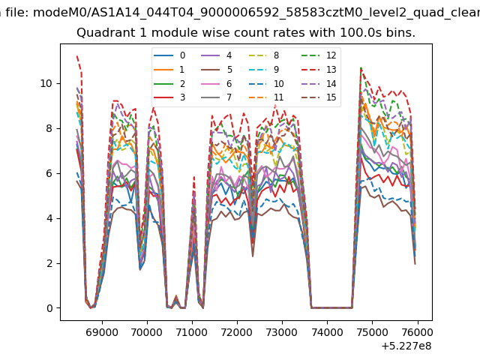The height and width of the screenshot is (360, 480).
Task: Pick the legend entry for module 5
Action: [x=217, y=70]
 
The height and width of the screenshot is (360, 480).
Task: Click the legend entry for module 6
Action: [x=217, y=83]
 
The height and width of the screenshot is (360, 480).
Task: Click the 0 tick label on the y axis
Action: [x=50, y=308]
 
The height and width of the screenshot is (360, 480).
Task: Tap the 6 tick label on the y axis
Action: [x=50, y=173]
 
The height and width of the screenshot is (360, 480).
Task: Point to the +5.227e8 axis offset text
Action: [x=406, y=346]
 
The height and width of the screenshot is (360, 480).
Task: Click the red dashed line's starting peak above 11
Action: [x=76, y=56]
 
